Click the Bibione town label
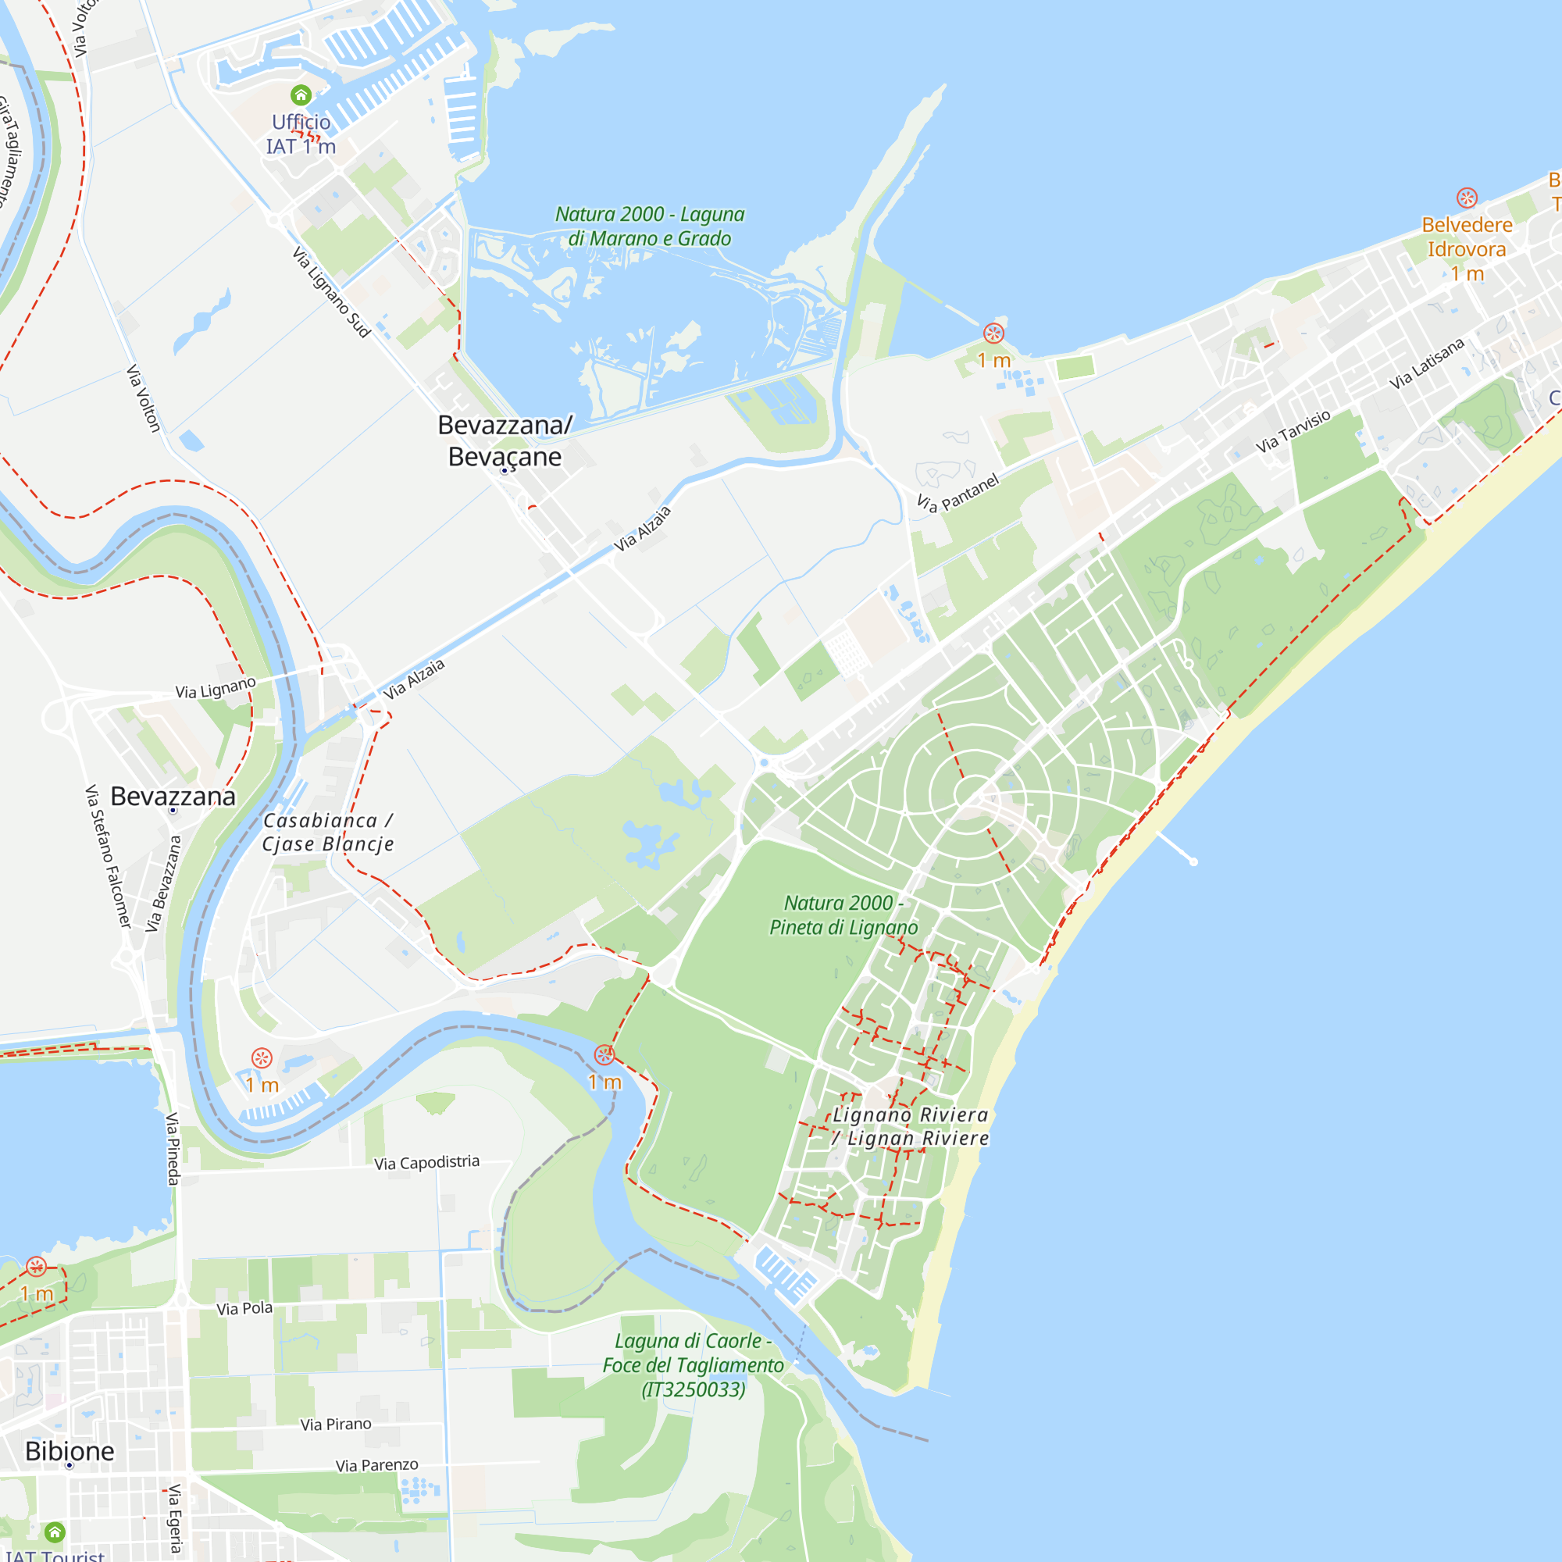click(70, 1450)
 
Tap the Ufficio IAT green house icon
click(301, 95)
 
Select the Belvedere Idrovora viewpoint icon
click(1467, 198)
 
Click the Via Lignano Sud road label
click(330, 292)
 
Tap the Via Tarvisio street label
click(1293, 432)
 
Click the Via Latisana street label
click(1427, 363)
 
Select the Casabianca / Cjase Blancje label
click(328, 832)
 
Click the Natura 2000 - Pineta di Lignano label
click(843, 915)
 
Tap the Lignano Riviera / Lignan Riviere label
click(911, 1126)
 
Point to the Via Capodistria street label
click(427, 1163)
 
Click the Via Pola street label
click(244, 1308)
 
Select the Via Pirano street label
click(337, 1425)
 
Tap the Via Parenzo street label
click(376, 1465)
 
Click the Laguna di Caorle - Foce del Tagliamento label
click(693, 1365)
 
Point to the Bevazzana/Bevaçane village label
click(505, 440)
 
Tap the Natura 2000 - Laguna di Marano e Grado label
click(649, 226)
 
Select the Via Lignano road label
click(216, 688)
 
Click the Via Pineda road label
click(172, 1149)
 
